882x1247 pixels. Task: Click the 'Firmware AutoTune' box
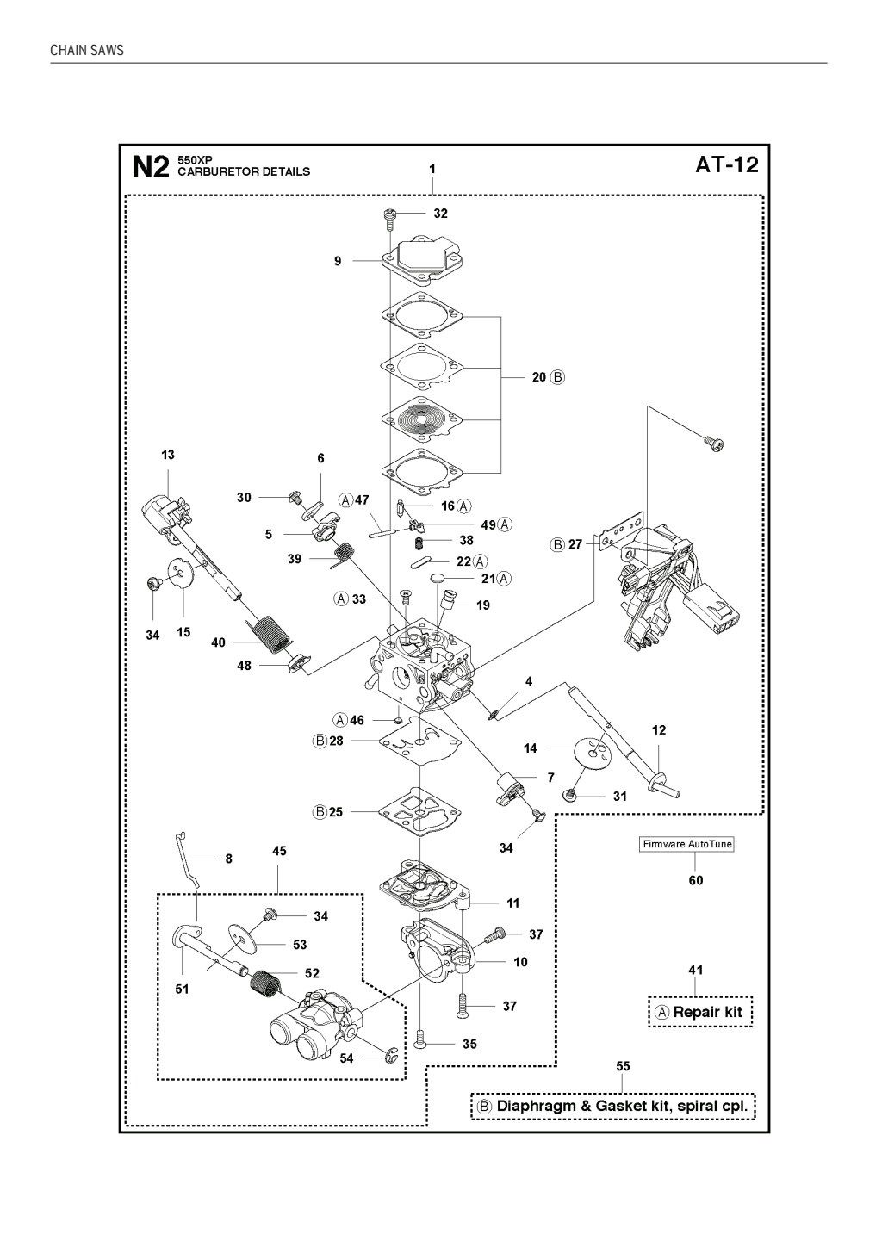[x=686, y=844]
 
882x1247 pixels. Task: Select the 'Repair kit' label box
[x=699, y=1012]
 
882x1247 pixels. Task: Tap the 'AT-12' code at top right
[x=726, y=164]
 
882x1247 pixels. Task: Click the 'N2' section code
[x=151, y=166]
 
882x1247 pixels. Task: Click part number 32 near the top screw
[x=440, y=213]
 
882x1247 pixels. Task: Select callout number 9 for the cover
[x=338, y=260]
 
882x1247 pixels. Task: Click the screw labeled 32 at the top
[x=388, y=214]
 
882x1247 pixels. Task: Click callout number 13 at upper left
[x=167, y=455]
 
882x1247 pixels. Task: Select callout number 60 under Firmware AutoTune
[x=695, y=880]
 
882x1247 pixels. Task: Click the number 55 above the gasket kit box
[x=623, y=1066]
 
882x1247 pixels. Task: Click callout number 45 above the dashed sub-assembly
[x=279, y=851]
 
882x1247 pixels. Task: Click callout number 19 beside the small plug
[x=482, y=605]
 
